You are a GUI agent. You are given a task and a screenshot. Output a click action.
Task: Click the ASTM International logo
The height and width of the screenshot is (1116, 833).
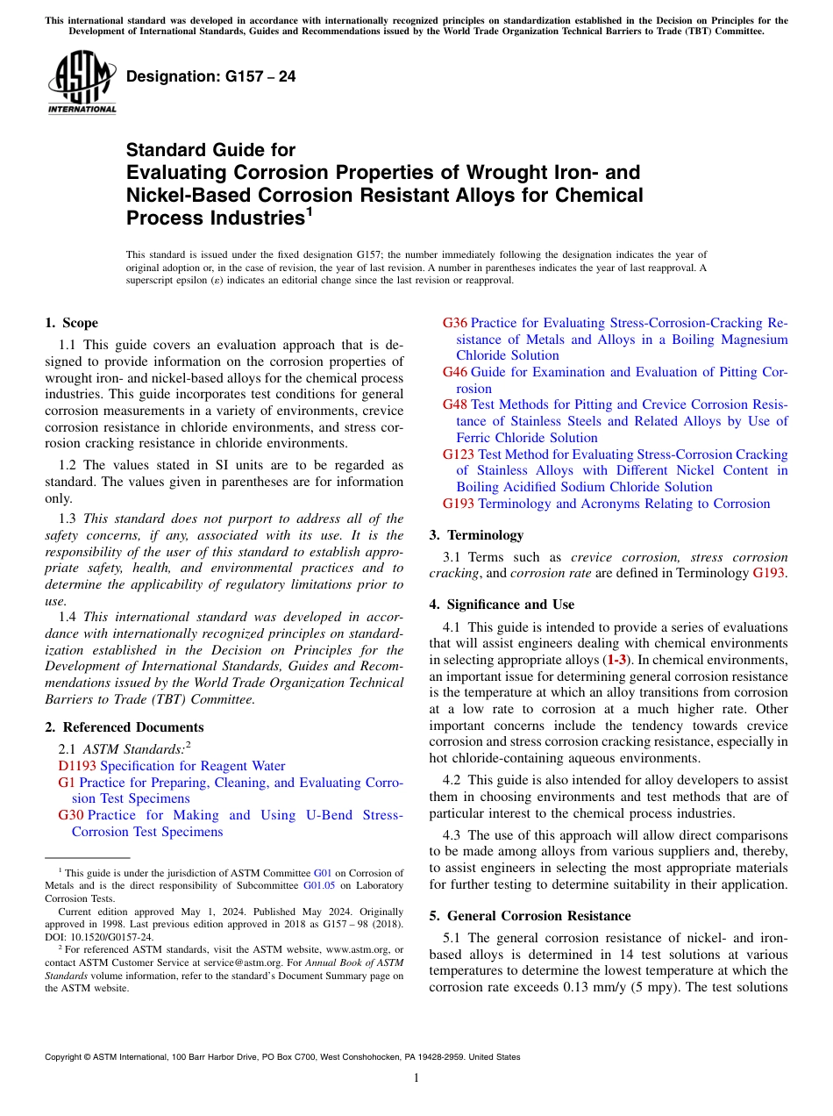coord(82,83)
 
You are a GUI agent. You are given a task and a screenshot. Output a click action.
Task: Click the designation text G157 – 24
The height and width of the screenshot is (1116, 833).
coord(211,77)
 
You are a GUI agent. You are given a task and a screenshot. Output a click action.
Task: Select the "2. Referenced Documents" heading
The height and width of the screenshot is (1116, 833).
coord(124,727)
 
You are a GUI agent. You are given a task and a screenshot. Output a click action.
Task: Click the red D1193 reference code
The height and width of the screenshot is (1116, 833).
coord(76,766)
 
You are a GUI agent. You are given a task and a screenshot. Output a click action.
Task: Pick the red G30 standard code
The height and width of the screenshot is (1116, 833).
coord(70,815)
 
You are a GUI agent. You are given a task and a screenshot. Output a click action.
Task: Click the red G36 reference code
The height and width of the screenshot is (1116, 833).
coord(455,323)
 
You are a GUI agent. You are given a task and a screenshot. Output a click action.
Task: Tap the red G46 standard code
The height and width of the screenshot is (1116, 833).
coord(455,372)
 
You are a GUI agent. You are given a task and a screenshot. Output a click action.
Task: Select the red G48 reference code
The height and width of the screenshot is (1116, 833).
coord(455,404)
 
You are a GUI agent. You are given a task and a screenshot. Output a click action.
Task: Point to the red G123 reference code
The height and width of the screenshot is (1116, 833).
coord(459,454)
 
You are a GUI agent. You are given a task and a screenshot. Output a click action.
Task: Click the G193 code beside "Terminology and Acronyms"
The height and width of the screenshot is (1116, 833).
coord(459,504)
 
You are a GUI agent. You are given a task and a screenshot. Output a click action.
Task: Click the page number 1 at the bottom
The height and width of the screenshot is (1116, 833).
coord(416,1078)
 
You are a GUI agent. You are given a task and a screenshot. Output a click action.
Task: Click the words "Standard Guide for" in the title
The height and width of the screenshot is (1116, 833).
coord(211,150)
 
